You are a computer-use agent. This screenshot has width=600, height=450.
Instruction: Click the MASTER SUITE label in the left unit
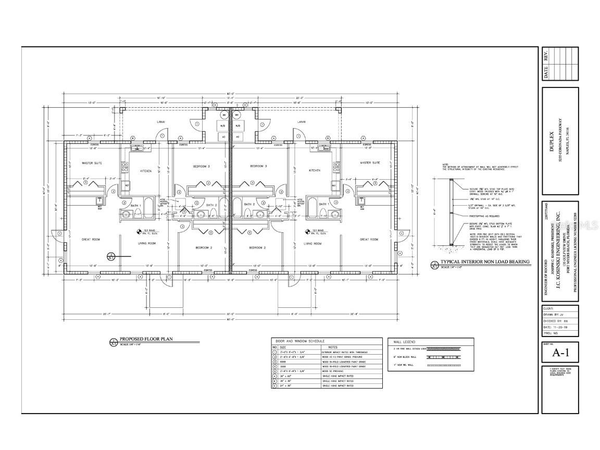click(92, 163)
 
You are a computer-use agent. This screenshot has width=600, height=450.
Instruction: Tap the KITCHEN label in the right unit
click(314, 170)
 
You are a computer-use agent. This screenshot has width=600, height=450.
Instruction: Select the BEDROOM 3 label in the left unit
click(201, 166)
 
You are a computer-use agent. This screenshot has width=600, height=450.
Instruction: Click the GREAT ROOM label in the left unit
click(91, 240)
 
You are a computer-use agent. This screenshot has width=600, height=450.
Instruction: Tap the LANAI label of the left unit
click(161, 122)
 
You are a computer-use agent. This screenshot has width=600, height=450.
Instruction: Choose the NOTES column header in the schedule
click(333, 347)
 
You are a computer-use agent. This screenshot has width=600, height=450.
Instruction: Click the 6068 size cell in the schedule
click(283, 362)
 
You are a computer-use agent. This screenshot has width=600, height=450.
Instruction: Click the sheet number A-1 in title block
click(559, 354)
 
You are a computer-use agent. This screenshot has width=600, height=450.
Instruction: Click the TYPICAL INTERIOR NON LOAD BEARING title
click(485, 262)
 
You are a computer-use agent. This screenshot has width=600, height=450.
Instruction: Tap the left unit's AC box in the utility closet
click(224, 136)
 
